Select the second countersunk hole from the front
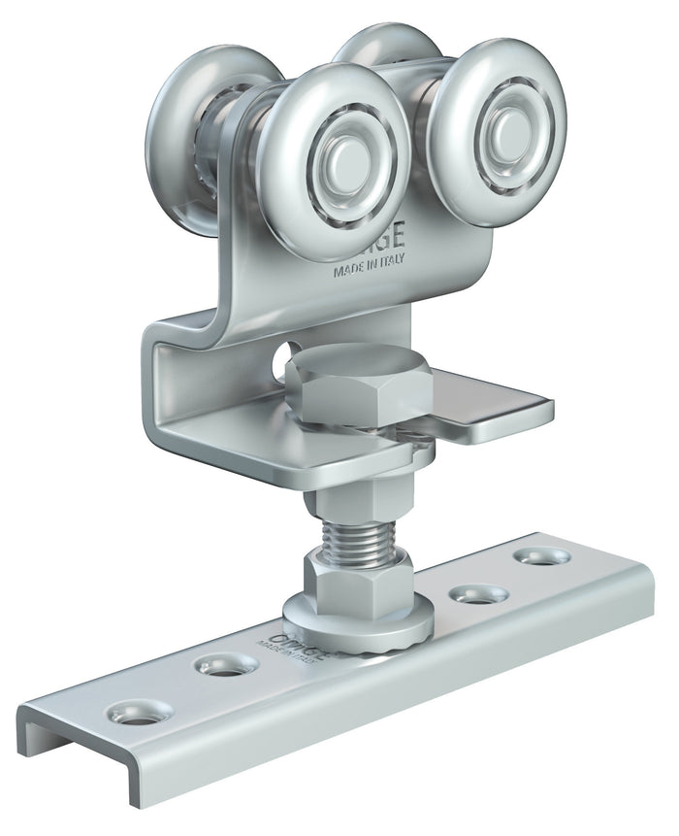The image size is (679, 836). (x=226, y=666)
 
